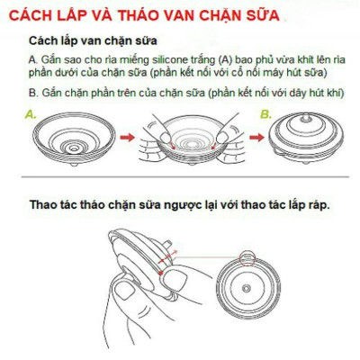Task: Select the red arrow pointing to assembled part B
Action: [x=249, y=138]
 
